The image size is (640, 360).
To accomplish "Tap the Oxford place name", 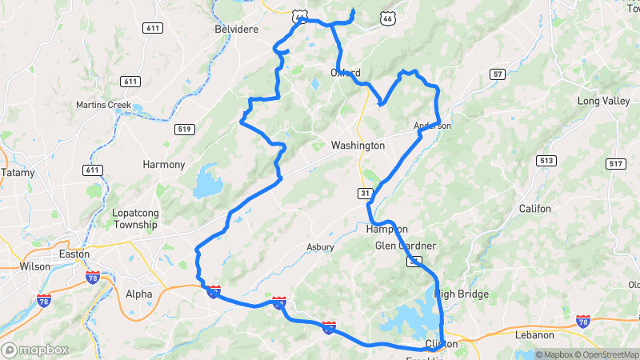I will pos(346,73).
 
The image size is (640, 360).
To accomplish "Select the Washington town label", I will pos(358,146).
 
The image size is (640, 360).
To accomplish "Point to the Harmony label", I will pos(163,165).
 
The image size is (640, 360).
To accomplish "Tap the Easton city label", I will pos(75,254).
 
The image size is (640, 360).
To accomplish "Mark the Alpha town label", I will pos(138,294).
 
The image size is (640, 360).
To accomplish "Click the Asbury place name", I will pos(320,247).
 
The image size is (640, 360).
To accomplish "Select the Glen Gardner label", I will pos(406,246).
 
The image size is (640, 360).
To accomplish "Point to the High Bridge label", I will pos(462,294).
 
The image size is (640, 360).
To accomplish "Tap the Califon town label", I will pos(534,209).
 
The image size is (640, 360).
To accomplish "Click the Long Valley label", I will pos(604,101).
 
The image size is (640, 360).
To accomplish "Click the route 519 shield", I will pos(184,129).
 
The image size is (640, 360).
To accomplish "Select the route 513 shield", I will pos(547,161).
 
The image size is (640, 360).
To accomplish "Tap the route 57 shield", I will pos(498,74).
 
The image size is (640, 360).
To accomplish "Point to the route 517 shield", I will pos(616,164).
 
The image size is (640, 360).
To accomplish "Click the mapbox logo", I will pos(35,350).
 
